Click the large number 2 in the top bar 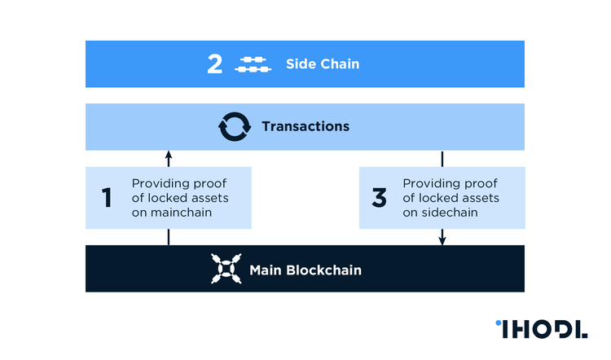[215, 64]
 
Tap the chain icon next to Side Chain [253, 64]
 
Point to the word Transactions [305, 126]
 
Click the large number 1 [107, 198]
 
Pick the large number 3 [379, 198]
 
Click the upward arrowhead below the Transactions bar [169, 155]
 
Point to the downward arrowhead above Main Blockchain [442, 240]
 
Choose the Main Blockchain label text [305, 270]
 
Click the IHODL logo [541, 329]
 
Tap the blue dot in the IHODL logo [499, 324]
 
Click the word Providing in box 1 [158, 183]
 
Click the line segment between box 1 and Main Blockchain [169, 237]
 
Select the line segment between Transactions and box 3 [442, 158]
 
